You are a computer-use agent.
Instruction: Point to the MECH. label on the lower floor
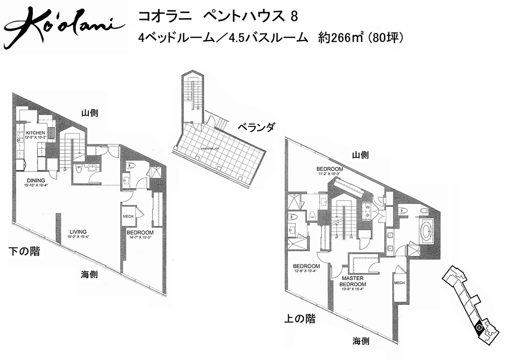(x=128, y=216)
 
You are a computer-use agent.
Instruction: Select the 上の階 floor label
(x=300, y=319)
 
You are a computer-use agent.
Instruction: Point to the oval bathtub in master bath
(x=427, y=232)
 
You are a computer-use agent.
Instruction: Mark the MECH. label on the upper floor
(x=399, y=283)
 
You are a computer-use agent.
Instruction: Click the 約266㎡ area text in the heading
(x=340, y=38)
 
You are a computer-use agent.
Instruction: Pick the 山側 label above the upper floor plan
(x=360, y=155)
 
